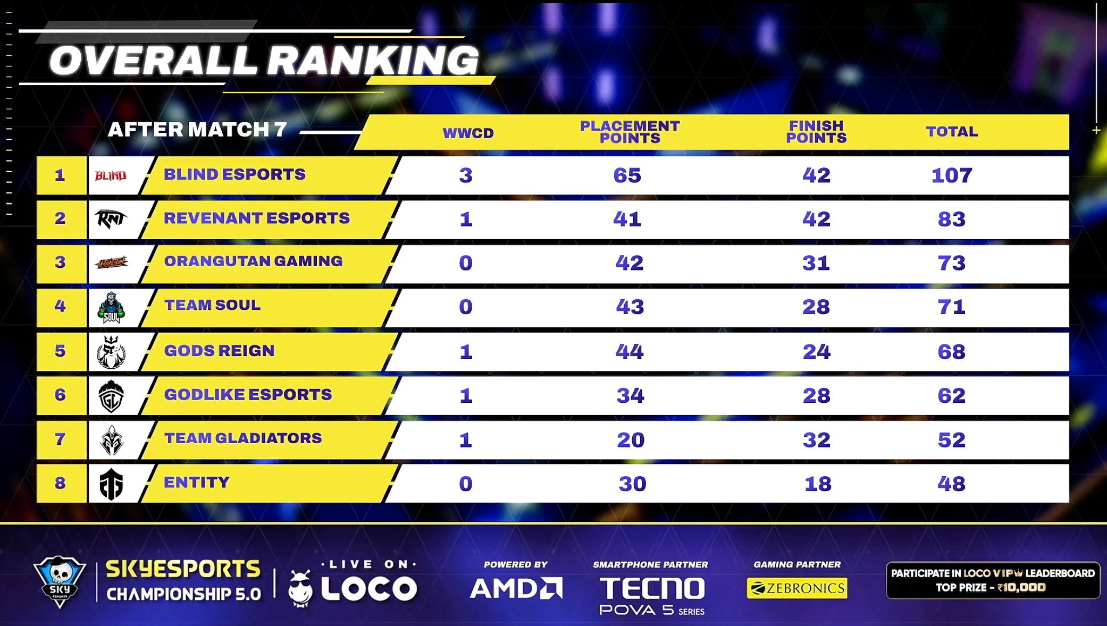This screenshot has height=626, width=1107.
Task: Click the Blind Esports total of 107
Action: coord(952,175)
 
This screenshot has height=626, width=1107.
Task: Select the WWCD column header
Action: coord(468,133)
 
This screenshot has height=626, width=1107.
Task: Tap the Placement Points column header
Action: coord(630,132)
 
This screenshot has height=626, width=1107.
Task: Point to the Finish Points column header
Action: coord(816,132)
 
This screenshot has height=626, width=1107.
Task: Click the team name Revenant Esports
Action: coord(256,218)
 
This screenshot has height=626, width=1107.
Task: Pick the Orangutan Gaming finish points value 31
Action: coord(816,263)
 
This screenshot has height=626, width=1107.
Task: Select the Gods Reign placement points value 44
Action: coord(630,352)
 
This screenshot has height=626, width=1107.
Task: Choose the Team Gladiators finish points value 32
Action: coord(817,440)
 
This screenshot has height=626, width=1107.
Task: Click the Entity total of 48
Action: coord(951,484)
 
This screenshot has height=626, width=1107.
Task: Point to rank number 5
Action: coord(60,351)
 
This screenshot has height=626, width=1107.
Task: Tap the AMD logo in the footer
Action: coord(516,588)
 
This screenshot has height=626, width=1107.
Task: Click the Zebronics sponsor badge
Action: coord(796,588)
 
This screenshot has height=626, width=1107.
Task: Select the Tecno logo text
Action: coord(652,589)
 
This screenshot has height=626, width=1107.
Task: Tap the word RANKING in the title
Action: coord(372,61)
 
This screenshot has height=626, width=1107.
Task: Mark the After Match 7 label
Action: coord(197,130)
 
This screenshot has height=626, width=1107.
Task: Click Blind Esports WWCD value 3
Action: coord(466,175)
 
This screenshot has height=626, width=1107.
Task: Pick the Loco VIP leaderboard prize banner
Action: coord(993,580)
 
